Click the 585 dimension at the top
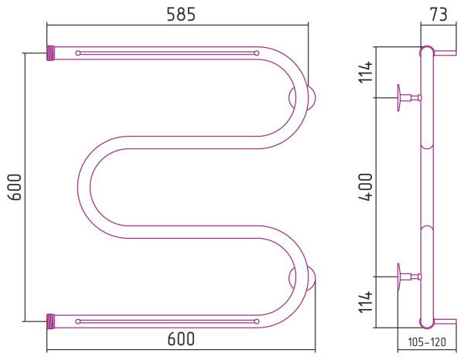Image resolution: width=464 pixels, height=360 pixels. [181, 14]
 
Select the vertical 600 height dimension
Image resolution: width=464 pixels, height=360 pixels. [15, 187]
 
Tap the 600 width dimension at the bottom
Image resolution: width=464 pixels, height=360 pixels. [181, 338]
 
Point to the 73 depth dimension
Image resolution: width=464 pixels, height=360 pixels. [438, 14]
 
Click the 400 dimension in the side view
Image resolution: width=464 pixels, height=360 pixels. [365, 187]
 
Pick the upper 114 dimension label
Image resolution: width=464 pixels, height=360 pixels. [365, 72]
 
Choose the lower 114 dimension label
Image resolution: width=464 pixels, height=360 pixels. [365, 302]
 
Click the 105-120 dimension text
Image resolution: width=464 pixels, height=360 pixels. [427, 342]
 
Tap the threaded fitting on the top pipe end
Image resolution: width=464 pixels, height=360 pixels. [50, 53]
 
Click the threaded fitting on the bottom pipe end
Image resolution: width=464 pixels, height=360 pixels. [50, 321]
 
